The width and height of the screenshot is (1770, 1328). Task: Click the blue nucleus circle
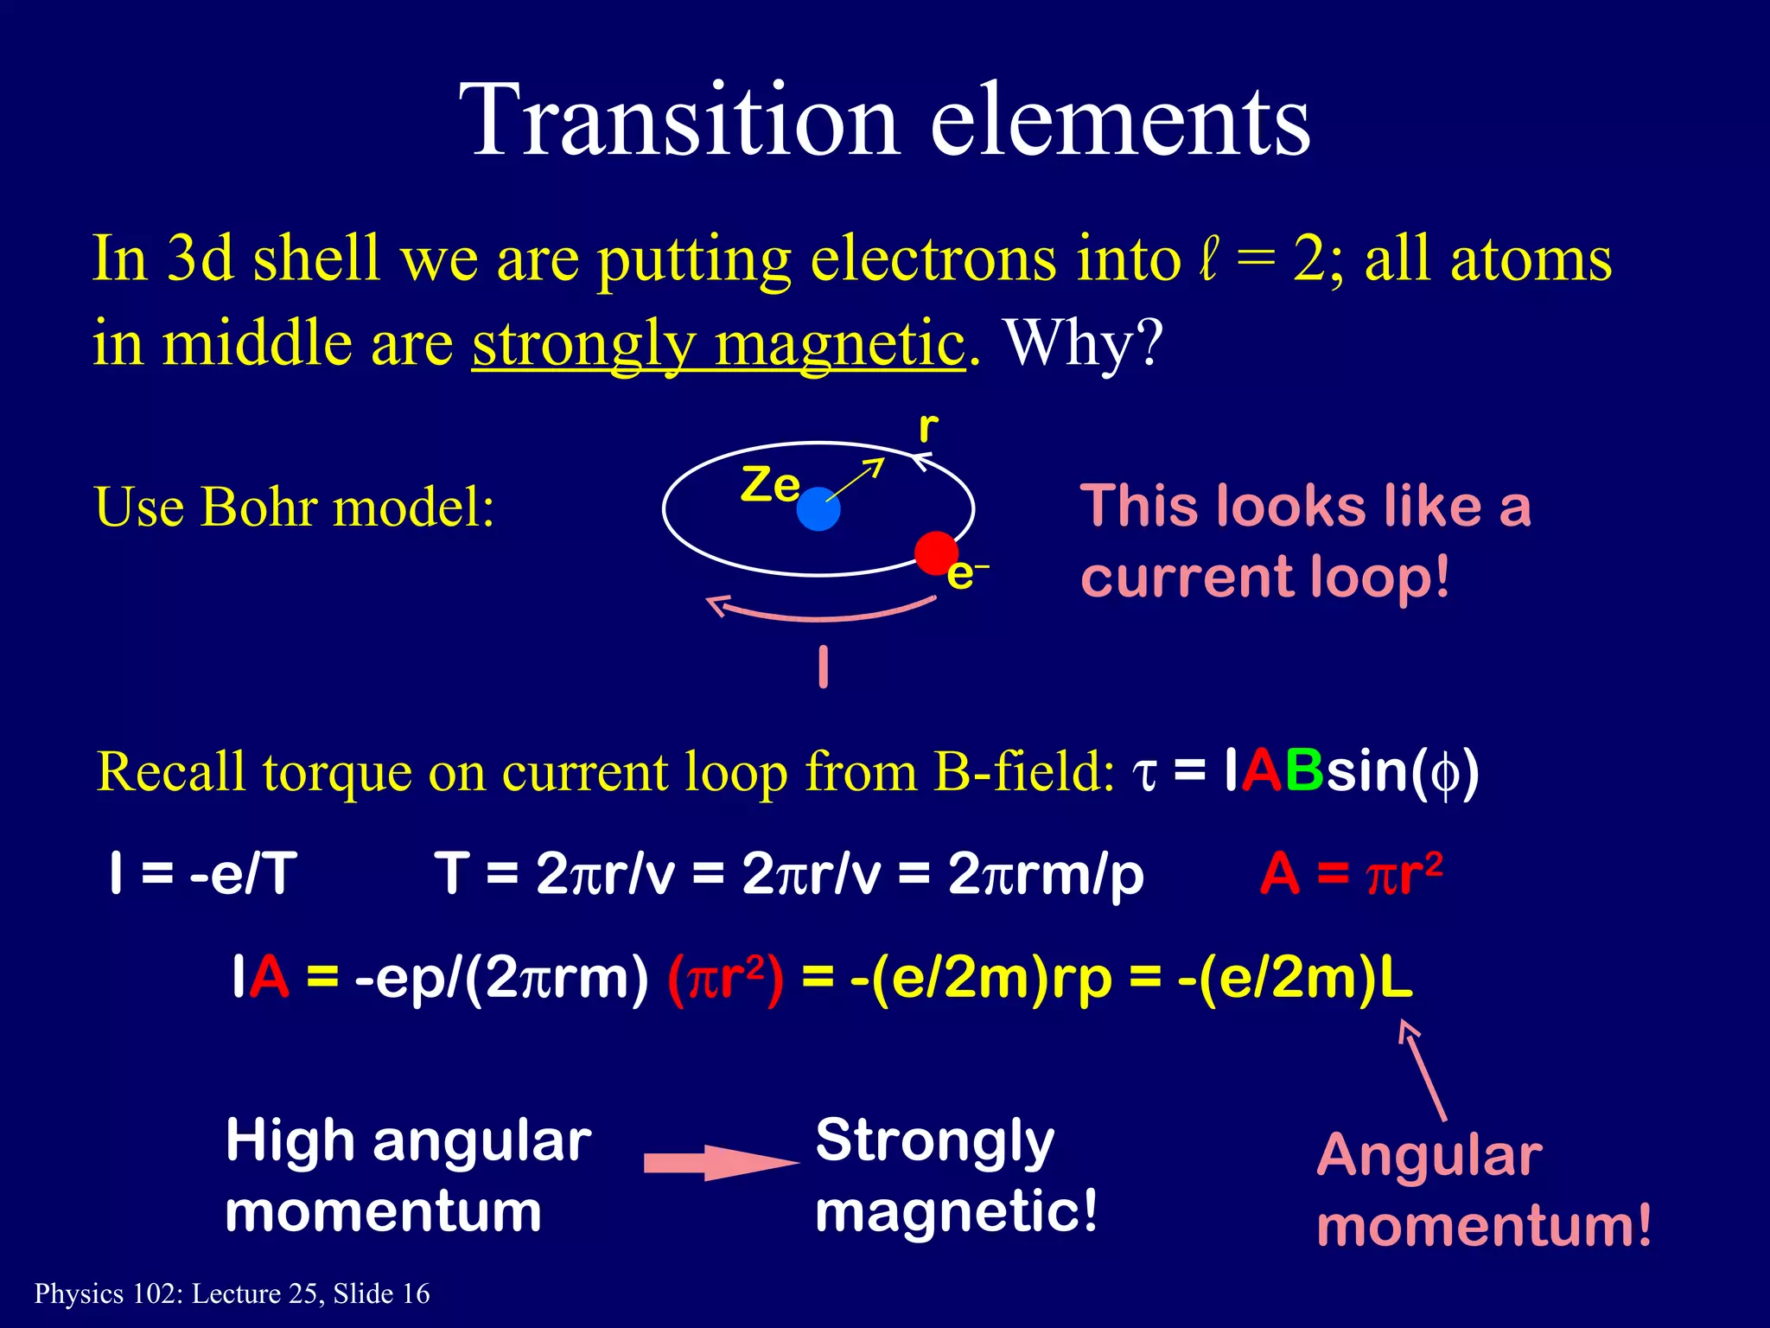pos(818,509)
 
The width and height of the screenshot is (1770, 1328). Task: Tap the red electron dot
pos(936,553)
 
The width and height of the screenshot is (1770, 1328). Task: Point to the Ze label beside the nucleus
pos(770,485)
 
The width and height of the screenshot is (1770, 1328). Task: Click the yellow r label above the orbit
pos(928,428)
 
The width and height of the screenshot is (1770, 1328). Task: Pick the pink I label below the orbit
pos(824,667)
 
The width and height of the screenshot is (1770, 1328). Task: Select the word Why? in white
pos(1084,343)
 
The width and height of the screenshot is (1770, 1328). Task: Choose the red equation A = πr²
pos(1350,874)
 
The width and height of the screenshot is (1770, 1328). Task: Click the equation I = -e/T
pos(203,874)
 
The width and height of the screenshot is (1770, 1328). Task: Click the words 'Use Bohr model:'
pos(294,507)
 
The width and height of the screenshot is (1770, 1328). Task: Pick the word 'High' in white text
pos(290,1141)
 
